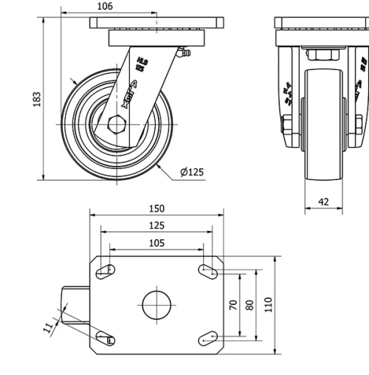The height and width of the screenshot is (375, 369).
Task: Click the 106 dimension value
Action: [105, 7]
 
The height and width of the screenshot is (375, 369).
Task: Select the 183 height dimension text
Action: [38, 98]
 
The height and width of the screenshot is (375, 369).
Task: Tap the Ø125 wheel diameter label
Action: [192, 172]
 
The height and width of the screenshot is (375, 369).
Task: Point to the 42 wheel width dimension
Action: [323, 201]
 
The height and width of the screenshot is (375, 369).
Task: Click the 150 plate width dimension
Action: [156, 209]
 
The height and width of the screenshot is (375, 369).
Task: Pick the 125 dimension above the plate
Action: [156, 226]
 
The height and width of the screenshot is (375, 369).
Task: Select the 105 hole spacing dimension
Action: [156, 243]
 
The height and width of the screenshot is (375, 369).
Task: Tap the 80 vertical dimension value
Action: [250, 304]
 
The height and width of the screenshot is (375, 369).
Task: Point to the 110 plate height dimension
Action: [269, 304]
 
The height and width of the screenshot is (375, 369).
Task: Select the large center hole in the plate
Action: [156, 305]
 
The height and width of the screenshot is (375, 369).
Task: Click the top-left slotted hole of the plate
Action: [106, 270]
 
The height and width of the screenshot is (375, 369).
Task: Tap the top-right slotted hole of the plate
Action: [207, 270]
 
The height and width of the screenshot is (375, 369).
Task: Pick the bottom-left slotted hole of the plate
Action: [106, 339]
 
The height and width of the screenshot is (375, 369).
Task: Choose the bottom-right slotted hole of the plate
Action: [207, 339]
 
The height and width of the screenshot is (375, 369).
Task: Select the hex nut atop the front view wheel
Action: [323, 55]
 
